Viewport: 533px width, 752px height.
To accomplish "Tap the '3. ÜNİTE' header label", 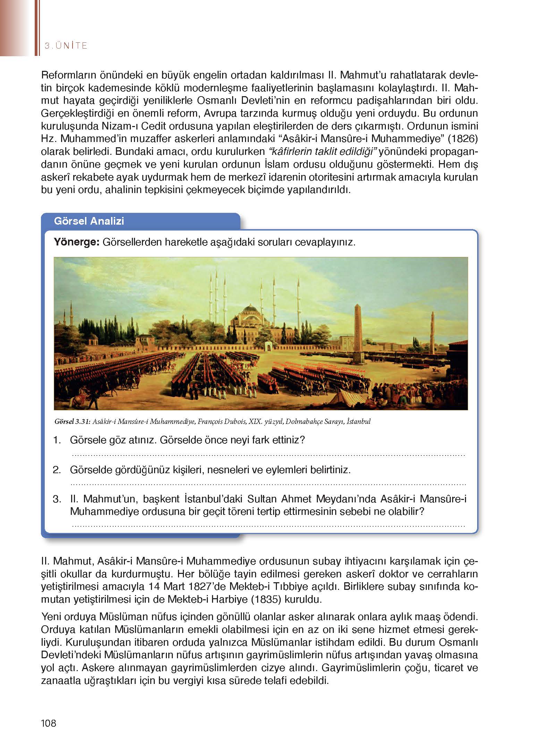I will click(x=66, y=45).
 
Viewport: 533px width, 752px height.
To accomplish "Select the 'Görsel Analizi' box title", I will click(x=89, y=221).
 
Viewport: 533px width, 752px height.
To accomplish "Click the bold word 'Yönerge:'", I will click(x=77, y=242).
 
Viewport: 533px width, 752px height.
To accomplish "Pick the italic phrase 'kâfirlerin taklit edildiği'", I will click(x=323, y=152).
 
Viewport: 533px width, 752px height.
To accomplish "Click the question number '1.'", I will click(x=57, y=440).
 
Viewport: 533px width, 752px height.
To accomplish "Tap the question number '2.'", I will click(x=57, y=470).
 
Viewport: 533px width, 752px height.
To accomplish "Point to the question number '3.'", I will click(x=57, y=499).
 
